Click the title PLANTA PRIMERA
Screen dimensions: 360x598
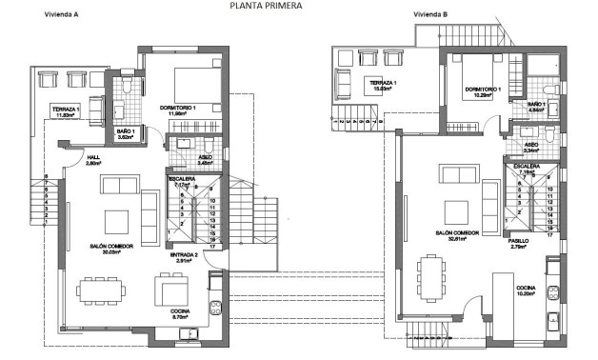coord(266,6)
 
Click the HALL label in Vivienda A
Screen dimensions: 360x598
coord(93,157)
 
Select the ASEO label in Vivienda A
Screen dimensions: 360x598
coord(206,156)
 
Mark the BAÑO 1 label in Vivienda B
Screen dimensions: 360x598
coord(535,104)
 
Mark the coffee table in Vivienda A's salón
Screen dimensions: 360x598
coord(118,219)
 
